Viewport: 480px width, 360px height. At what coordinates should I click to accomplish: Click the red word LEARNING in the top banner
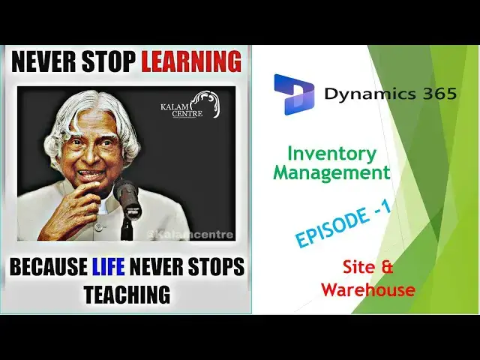click(191, 62)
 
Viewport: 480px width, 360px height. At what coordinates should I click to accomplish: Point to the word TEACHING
click(127, 295)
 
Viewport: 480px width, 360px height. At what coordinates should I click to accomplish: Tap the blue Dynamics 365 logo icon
click(293, 94)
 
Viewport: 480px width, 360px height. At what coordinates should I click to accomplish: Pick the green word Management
click(331, 172)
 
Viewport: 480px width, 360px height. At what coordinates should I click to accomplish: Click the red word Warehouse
click(367, 289)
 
